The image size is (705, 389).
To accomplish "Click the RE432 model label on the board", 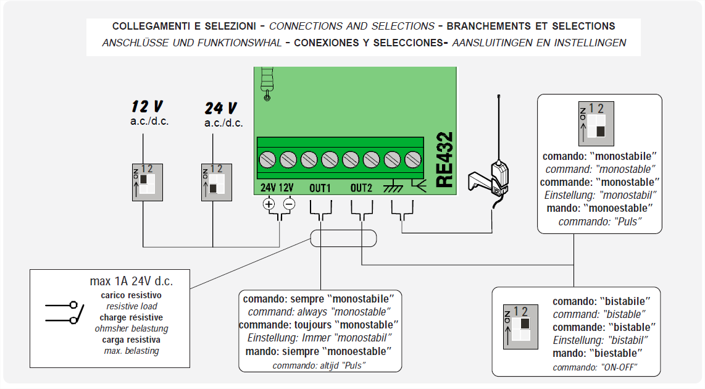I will pos(445,160).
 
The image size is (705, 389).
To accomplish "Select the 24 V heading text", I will pos(221,109).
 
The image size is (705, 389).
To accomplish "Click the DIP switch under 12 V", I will pos(146,182).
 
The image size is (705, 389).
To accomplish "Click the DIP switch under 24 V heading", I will pos(215,182).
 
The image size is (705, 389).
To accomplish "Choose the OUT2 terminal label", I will pos(362,187).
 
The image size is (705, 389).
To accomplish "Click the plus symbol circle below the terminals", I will pos(269,204).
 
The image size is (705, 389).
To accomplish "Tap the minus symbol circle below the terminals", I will pos(288,204).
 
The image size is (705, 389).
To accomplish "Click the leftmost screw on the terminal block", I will pos(267,160).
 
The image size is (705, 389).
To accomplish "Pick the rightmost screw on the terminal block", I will pos(412,160).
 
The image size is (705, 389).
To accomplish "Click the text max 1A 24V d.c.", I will pos(131,282).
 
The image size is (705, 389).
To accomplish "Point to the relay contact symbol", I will pos(65,312).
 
